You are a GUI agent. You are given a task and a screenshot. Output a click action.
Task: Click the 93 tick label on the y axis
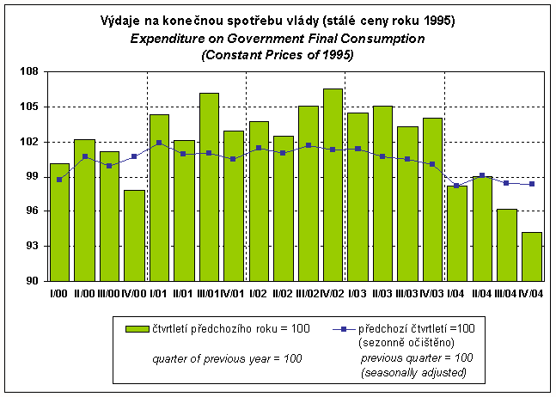coord(32,247)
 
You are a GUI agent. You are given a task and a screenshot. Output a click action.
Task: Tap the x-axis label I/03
coord(358,294)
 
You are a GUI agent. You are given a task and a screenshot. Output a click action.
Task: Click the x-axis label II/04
coord(482,294)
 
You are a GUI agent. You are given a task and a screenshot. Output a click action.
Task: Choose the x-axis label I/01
coord(159,294)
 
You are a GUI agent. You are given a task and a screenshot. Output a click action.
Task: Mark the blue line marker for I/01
coord(159,143)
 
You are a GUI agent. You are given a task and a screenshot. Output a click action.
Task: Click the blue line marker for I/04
coord(457,185)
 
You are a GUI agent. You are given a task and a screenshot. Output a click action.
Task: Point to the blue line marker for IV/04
coord(532,184)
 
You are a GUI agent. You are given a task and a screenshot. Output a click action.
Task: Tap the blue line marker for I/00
coord(59,180)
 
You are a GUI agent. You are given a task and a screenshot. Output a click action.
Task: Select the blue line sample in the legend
coord(342,328)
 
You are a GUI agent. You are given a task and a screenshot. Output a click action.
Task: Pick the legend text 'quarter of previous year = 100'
coord(227,357)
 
